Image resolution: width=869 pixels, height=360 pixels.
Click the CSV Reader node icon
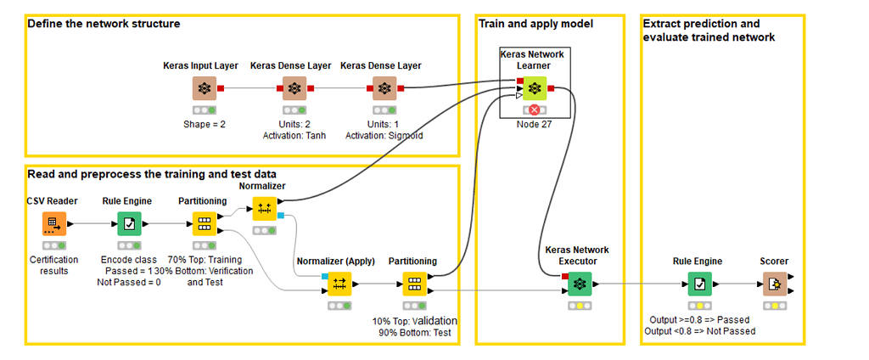coord(53,224)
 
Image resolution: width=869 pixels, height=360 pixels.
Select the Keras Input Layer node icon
coord(204,87)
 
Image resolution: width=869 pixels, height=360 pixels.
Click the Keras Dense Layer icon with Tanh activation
coord(294,87)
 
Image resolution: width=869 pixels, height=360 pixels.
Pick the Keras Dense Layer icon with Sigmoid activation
coord(384,87)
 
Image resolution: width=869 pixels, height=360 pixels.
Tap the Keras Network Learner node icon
coord(534,87)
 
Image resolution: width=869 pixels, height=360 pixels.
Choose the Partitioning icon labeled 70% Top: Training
coord(204,224)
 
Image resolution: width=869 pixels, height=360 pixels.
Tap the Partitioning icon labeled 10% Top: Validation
coord(414,283)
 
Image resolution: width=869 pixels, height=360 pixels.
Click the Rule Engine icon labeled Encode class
coord(129,224)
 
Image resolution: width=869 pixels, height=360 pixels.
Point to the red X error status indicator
coord(534,110)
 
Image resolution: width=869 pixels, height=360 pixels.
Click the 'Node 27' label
coord(534,124)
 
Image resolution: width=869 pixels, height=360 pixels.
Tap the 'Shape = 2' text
coord(204,124)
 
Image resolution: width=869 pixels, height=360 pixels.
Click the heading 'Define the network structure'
coord(104,24)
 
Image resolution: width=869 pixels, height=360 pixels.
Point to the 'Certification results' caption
coord(53,265)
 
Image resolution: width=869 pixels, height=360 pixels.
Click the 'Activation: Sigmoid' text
coord(384,135)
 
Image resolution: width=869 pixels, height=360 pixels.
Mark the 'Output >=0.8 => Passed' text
coord(698,320)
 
